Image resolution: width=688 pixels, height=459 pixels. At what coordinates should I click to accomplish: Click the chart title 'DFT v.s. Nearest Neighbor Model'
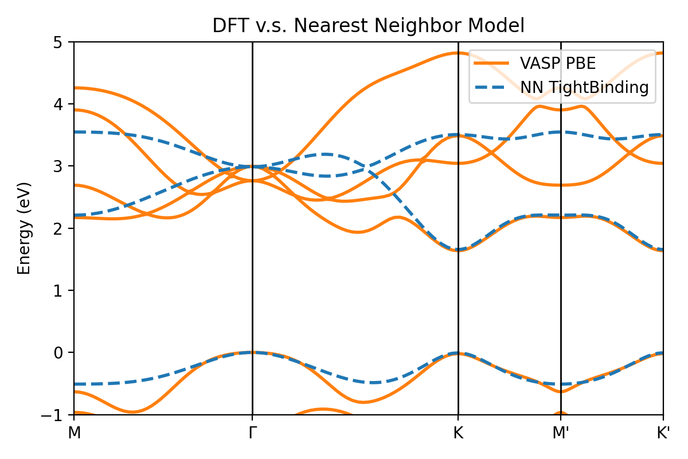[368, 26]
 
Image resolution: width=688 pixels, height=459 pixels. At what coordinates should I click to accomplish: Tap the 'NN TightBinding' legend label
[584, 87]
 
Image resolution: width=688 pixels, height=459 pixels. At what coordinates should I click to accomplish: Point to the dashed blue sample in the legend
[492, 87]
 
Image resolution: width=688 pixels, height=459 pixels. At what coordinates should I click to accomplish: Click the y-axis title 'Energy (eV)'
[24, 228]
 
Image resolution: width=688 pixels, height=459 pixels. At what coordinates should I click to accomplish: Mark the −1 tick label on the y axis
[58, 415]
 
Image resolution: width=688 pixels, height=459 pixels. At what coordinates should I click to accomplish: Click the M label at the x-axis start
[74, 433]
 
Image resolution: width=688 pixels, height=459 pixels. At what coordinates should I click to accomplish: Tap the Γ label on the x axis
[252, 433]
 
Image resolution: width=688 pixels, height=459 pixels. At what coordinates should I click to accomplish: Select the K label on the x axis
[458, 433]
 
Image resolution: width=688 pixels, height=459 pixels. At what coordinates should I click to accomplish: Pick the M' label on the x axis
[561, 433]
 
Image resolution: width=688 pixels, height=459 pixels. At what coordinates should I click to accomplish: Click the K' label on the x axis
[663, 433]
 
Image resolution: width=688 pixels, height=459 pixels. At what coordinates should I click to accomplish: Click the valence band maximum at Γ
[252, 352]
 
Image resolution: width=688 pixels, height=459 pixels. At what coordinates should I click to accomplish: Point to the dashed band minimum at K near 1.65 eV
[458, 250]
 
